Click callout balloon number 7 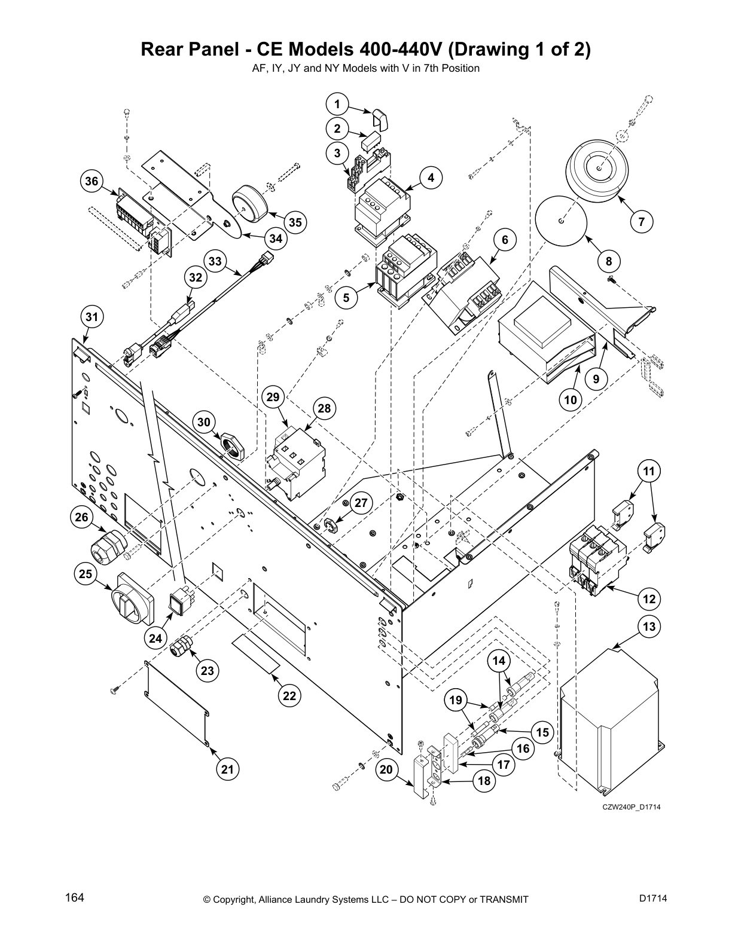tap(641, 222)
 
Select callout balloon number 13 tap(649, 627)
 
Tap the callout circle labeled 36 tap(91, 181)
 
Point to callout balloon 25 tap(86, 575)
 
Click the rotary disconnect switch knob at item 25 tap(133, 600)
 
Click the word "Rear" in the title tap(161, 50)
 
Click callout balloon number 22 tap(289, 696)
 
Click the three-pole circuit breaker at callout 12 tap(598, 559)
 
